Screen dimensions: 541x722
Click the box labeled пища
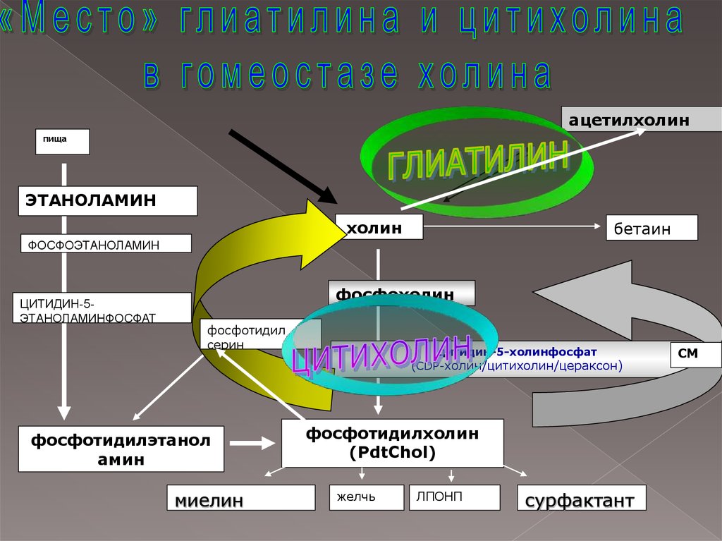click(x=63, y=141)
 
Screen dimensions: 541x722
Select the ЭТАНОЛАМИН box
click(x=107, y=201)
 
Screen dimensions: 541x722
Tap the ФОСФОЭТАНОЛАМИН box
click(x=106, y=243)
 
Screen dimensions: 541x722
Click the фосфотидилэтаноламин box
click(x=121, y=449)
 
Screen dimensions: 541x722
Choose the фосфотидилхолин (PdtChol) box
click(x=392, y=443)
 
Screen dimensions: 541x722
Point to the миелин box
click(x=240, y=497)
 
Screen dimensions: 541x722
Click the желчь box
click(x=366, y=497)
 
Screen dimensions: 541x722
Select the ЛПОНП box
click(x=454, y=497)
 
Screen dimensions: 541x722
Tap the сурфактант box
click(x=581, y=497)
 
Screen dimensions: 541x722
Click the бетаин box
click(x=651, y=228)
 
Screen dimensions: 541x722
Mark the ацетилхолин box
click(x=640, y=121)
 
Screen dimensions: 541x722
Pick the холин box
click(x=379, y=227)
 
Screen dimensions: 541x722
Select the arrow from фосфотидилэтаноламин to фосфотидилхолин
click(x=252, y=444)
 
